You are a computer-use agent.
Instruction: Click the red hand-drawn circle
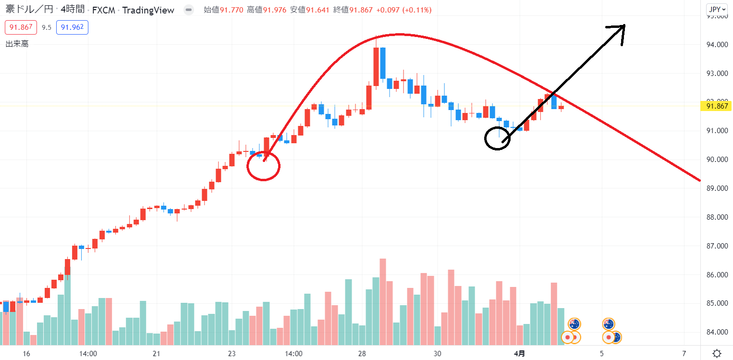[263, 166]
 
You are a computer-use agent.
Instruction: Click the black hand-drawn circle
[497, 138]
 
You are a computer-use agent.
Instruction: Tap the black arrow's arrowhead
[620, 30]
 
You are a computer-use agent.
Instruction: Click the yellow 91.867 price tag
[718, 106]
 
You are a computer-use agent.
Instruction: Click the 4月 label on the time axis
[519, 353]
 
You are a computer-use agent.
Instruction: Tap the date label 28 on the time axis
[362, 353]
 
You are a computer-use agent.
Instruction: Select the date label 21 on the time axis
[156, 353]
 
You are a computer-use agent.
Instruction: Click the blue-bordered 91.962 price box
[72, 27]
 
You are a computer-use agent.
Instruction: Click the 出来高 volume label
[17, 44]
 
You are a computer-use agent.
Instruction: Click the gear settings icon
[717, 353]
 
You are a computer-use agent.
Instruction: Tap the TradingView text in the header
[148, 10]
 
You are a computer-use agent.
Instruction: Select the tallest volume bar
[383, 302]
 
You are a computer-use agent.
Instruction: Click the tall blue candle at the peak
[383, 63]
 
